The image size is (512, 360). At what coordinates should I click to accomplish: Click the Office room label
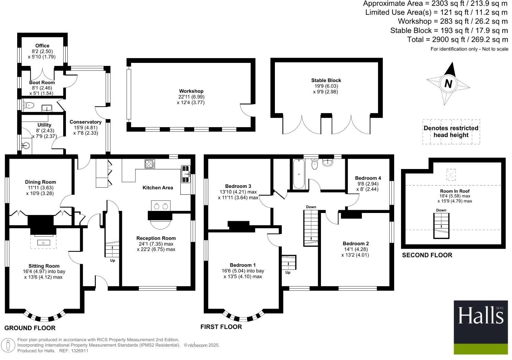pos(42,46)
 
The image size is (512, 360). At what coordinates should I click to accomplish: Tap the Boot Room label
pos(42,82)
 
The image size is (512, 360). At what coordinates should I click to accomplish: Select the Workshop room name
pos(191,91)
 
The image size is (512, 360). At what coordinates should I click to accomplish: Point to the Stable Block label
pos(326,80)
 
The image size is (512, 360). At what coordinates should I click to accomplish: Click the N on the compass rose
pos(448,83)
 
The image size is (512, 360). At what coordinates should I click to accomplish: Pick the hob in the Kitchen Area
pos(150,164)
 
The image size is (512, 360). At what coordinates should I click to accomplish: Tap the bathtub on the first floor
pos(298,174)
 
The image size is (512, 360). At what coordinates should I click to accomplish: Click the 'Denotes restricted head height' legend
pos(451,132)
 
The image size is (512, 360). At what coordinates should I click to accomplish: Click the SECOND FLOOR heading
pos(427,255)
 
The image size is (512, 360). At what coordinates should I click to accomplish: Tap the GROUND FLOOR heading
pos(30,328)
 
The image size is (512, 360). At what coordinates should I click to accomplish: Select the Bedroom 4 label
pos(368,178)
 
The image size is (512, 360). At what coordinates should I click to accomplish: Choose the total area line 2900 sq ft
pos(457,40)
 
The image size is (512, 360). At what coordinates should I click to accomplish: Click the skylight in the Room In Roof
pos(451,175)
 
